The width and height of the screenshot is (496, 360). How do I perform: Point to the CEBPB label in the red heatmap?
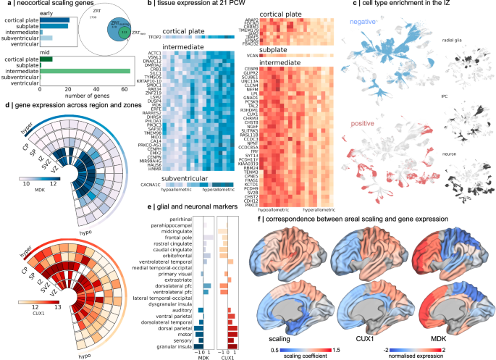[250, 67]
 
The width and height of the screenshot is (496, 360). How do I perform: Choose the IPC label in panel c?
[458, 93]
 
